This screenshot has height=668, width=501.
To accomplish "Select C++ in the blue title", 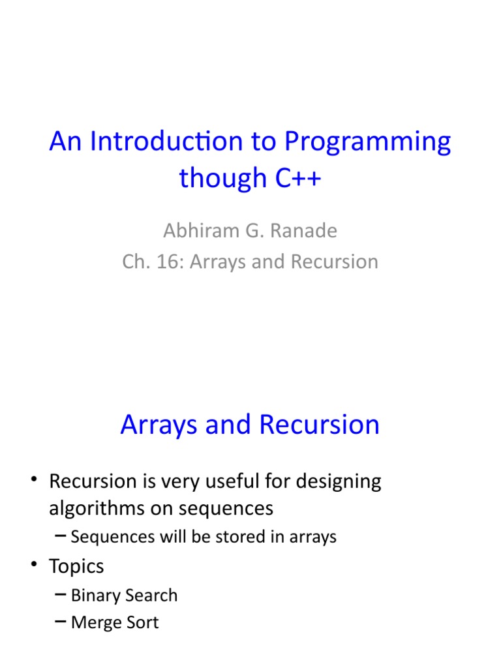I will click(295, 177).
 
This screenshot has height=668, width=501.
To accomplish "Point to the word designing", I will click(339, 482).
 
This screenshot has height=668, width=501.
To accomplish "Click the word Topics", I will click(76, 566).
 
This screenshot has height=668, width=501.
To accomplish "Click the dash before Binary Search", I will click(61, 594).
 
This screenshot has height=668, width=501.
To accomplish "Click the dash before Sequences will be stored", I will click(61, 536).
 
